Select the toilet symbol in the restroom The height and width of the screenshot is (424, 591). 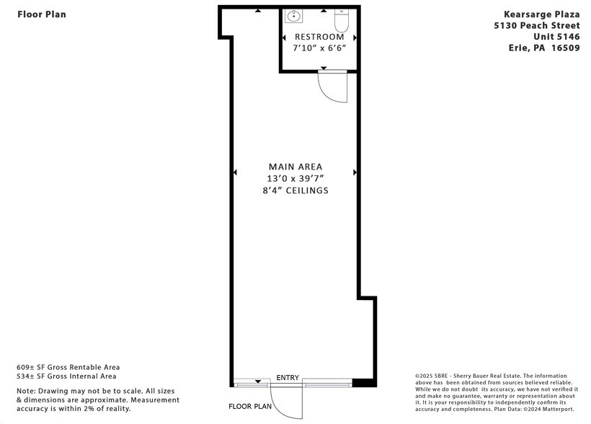coord(341,18)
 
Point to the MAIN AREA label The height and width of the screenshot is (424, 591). coord(295,167)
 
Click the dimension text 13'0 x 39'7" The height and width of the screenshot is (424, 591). coord(295,179)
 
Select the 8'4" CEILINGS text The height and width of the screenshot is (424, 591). coord(295,191)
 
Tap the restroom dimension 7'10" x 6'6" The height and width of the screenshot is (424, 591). coord(319,48)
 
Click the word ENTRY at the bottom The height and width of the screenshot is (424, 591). coord(288,378)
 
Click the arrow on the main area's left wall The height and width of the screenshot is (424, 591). coord(235,172)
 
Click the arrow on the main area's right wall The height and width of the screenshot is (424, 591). coord(355,172)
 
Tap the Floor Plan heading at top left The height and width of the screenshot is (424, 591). coord(42,14)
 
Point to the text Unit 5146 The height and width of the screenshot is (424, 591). coord(556,37)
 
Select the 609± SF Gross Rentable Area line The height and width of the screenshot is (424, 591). coord(68,367)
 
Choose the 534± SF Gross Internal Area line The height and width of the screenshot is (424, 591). coord(66,376)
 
